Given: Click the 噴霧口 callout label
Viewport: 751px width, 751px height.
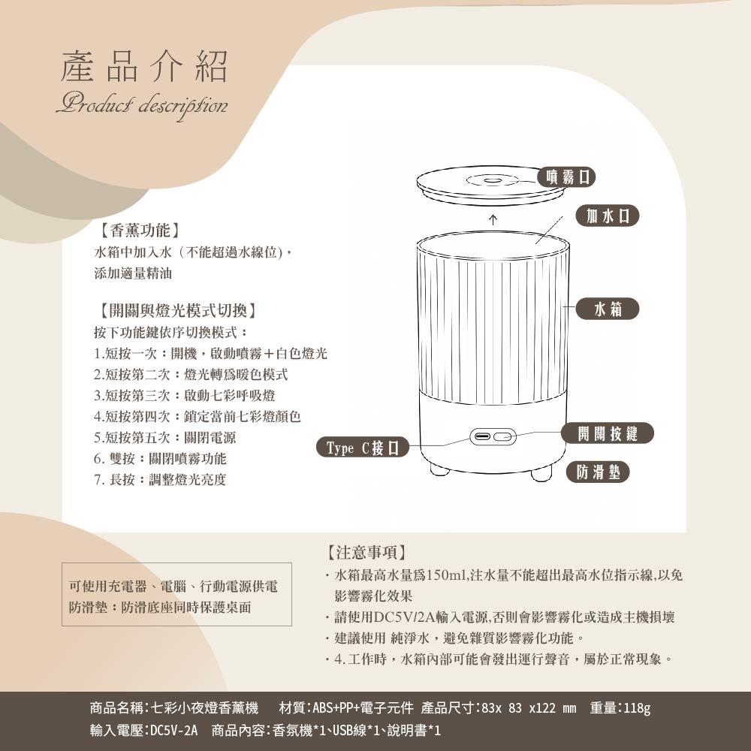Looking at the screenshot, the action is tap(566, 176).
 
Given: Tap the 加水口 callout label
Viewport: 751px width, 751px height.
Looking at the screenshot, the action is tap(608, 216).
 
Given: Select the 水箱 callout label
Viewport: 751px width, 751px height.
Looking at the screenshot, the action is tap(608, 309).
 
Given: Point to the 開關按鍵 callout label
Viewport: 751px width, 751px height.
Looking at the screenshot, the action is tap(608, 433).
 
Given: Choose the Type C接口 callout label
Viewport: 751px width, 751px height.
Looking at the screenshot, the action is tap(363, 448).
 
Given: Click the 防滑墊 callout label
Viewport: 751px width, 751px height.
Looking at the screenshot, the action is tap(598, 472).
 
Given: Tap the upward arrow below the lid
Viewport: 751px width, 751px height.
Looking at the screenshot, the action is tap(493, 220).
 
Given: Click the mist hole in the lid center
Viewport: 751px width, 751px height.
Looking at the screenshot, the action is tap(491, 181).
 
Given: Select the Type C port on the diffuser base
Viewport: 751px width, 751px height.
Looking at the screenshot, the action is tap(480, 437).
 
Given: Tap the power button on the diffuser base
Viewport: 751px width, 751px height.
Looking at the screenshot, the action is tap(503, 437).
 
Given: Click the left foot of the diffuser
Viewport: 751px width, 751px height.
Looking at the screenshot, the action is tap(439, 469).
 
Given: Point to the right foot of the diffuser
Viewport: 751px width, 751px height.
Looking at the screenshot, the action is tap(541, 474).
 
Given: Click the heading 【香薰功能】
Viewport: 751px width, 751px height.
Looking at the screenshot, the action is tap(140, 231).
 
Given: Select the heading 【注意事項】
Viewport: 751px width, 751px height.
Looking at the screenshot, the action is tap(367, 552).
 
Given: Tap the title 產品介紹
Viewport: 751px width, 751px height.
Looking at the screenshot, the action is tap(143, 66).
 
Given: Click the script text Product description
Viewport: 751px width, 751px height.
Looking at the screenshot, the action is tap(142, 106).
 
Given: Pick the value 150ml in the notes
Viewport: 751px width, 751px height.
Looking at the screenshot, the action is tap(446, 575).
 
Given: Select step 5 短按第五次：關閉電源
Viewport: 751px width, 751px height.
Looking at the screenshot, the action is tap(164, 437).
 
